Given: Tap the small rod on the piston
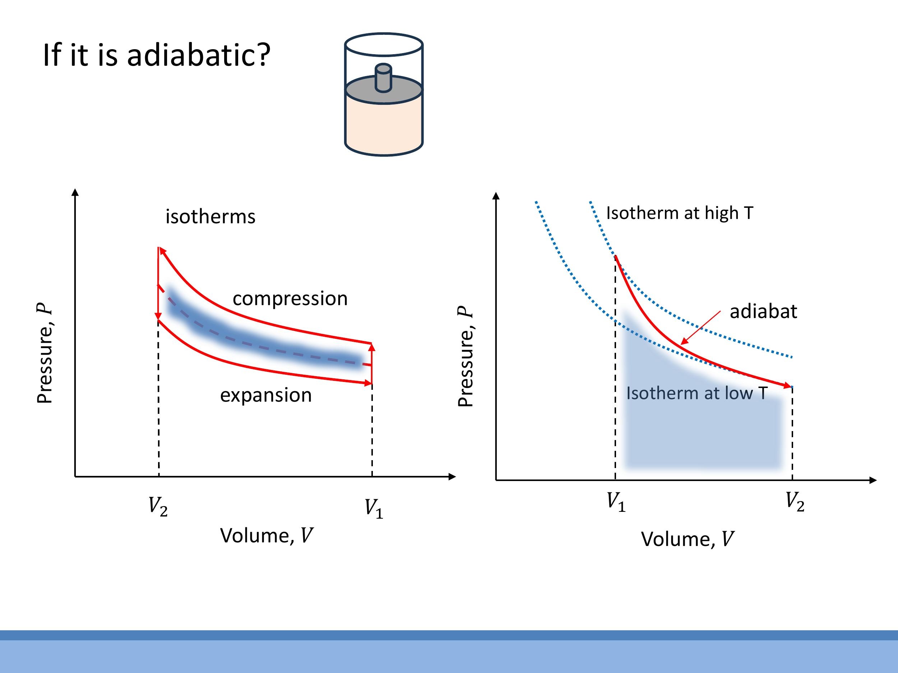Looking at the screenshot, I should (383, 78).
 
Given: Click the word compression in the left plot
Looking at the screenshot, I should (290, 299).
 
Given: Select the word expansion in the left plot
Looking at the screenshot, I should (266, 395).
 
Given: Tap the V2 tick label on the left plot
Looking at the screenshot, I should (158, 507).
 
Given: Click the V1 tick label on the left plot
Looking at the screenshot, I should (374, 509).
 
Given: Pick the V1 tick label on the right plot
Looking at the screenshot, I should (616, 502).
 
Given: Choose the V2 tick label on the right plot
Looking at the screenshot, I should (795, 502).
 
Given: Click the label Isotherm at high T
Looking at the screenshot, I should (680, 213).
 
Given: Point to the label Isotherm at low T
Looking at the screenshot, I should (696, 393).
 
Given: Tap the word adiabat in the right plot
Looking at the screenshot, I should (763, 312).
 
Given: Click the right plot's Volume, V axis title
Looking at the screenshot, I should (687, 539).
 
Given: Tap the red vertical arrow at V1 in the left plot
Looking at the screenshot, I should (372, 363).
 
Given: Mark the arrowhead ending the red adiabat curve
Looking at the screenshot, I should (788, 386).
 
